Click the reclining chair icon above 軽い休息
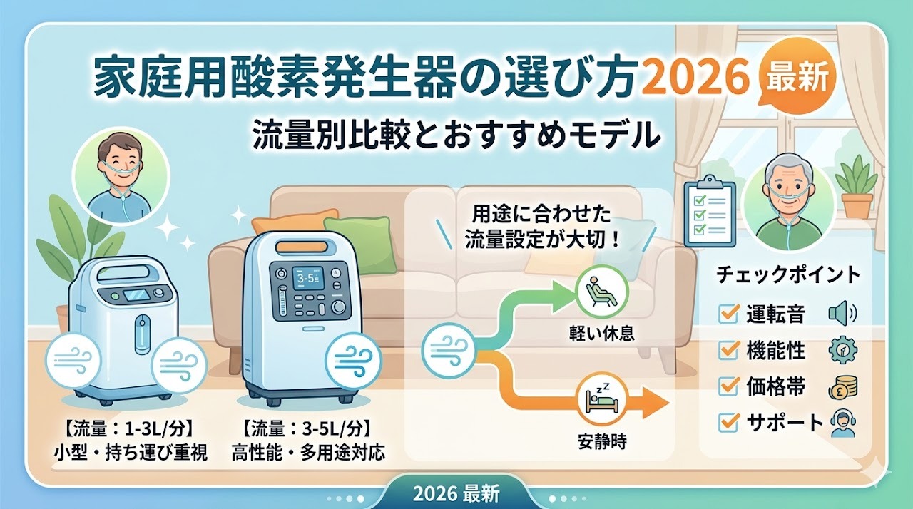[x=602, y=291]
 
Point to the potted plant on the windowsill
[x=857, y=187]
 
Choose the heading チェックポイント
[x=787, y=274]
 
